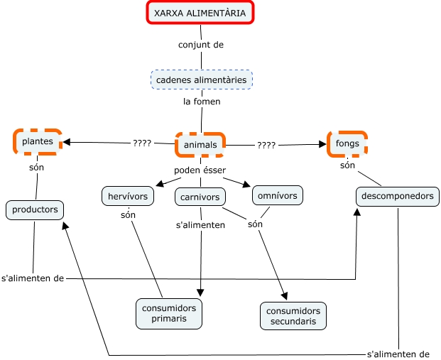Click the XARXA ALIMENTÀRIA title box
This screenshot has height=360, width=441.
coord(200,13)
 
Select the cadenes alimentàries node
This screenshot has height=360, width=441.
coord(202,80)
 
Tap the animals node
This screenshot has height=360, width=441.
coord(200,145)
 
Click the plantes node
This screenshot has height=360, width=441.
coord(37,141)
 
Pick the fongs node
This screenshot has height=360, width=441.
coord(347,143)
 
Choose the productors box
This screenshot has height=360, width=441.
coord(36,209)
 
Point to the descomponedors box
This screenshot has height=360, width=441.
coord(397,196)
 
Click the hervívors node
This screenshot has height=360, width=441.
coord(128,195)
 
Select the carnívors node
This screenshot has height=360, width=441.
coord(200,197)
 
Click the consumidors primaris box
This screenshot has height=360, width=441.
coord(169,313)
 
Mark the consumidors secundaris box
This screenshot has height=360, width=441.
coord(294,316)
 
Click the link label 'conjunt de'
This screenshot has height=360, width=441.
coord(201,44)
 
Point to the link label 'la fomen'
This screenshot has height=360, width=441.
coord(202,102)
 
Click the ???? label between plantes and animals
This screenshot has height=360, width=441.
coord(142,143)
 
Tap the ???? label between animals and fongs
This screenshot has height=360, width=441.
coord(266,145)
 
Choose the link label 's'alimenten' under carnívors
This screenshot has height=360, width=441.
coord(200,225)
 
